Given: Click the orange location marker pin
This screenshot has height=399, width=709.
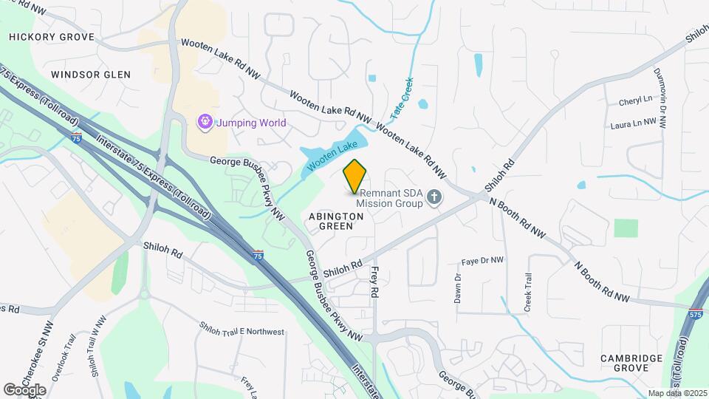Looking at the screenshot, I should tap(354, 176).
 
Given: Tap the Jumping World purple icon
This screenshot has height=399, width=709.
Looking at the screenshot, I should tap(204, 121).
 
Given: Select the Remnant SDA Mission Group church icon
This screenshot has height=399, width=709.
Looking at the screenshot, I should tap(435, 197).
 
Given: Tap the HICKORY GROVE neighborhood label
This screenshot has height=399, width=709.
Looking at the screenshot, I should tap(51, 37).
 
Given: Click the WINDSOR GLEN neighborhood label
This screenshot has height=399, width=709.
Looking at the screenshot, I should tap(91, 75).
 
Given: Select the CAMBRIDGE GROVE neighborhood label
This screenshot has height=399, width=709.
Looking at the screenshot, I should tap(631, 363).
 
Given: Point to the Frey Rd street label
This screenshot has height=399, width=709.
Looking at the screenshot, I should tap(374, 282).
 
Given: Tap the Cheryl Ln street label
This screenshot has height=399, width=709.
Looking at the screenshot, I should tap(637, 100).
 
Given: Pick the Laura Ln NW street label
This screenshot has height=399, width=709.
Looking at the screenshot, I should tap(634, 124).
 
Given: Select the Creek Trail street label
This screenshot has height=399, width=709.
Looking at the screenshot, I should tap(528, 293).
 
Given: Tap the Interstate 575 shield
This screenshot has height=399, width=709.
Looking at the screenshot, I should tap(695, 314).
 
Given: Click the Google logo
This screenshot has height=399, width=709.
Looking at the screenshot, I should tap(24, 389).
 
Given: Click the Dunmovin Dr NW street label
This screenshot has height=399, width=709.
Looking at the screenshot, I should tap(660, 98).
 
